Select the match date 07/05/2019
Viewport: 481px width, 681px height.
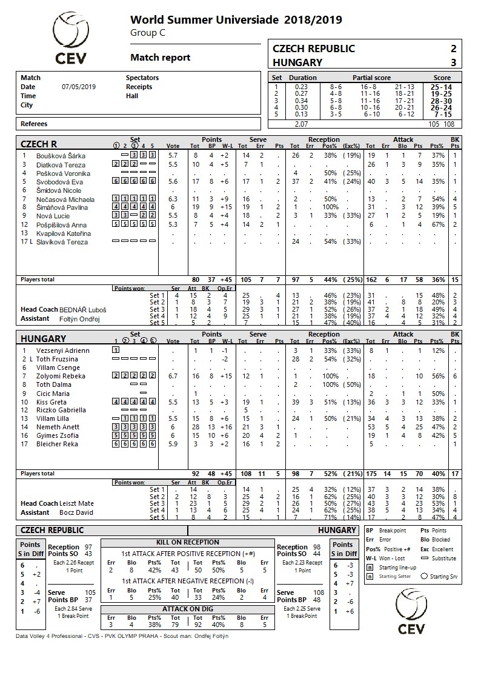tap(79, 87)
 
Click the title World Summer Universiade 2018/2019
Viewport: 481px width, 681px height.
tap(236, 20)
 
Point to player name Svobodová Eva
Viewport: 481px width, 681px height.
tap(60, 181)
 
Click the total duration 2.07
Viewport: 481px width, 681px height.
tap(300, 124)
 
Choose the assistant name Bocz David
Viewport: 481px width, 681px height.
tap(76, 512)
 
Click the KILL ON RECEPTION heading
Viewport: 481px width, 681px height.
tap(188, 542)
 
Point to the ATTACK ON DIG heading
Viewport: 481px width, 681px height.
tap(188, 608)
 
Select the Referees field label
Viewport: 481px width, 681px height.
tap(34, 124)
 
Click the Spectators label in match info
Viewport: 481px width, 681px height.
tap(142, 78)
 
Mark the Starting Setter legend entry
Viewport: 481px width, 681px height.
tap(395, 576)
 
